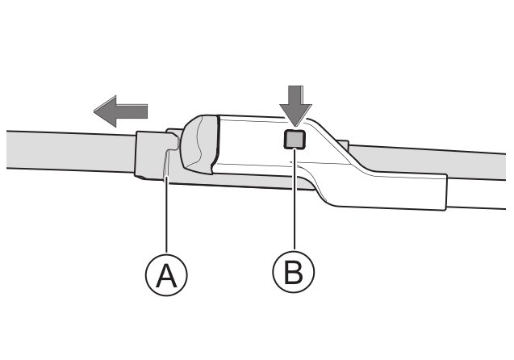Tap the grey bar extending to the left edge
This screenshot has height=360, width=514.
click(65, 149)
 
